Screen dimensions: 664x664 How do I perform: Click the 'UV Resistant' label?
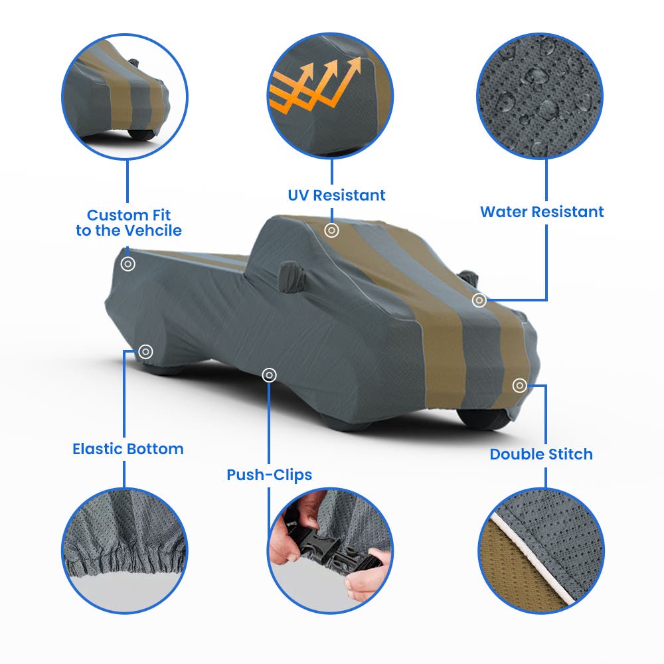(337, 195)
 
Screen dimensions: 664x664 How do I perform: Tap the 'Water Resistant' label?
(542, 212)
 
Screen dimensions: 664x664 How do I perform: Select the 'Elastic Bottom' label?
(128, 449)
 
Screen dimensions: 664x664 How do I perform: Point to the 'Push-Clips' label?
(270, 475)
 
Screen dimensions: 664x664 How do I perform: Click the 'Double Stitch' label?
(541, 454)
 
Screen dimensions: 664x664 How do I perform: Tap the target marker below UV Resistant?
(331, 230)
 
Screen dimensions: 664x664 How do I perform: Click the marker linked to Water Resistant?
(479, 300)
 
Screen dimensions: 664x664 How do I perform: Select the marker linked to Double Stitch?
(520, 385)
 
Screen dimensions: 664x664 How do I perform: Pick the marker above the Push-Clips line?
(270, 374)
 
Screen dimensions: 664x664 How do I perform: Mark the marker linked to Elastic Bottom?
(145, 351)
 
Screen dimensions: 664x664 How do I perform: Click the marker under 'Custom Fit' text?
(128, 264)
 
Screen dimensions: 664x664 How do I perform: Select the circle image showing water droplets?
(540, 96)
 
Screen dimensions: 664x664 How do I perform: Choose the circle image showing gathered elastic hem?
(125, 550)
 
